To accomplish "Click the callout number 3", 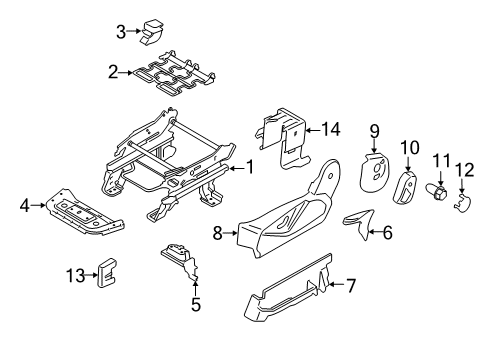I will coord(121,32).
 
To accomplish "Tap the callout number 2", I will coord(114,71).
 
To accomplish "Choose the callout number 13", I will coord(75,275).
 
